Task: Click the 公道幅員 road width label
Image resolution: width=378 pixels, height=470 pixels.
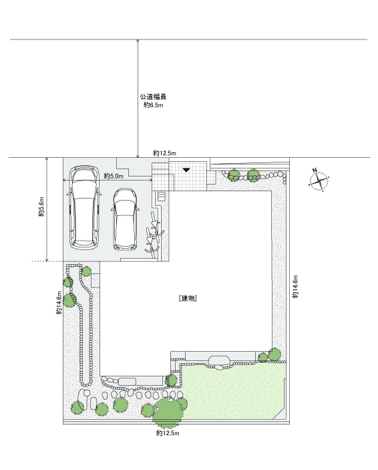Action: coord(153,96)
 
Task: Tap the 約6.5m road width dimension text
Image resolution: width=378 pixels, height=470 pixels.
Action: coord(154,105)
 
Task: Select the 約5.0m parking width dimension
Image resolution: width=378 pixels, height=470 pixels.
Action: coord(114,176)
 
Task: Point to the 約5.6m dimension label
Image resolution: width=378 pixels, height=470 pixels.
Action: coord(41,207)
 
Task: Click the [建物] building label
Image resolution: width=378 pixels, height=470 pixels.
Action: coord(188,298)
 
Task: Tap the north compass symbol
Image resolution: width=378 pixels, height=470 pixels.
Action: coord(319,180)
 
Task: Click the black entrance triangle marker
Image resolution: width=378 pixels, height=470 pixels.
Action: coord(186,170)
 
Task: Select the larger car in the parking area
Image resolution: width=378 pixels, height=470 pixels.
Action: coord(84,207)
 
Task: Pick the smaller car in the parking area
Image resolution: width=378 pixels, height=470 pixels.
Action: coord(125,219)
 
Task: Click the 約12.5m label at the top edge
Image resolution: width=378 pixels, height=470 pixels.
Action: coord(164,153)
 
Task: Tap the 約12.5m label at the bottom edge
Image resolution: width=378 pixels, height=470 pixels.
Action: coord(168,433)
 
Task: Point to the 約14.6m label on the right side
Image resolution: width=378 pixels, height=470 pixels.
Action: coord(296,286)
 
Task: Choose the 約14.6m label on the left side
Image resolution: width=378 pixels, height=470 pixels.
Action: coord(59,302)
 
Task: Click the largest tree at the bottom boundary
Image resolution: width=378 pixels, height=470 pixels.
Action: coord(168,412)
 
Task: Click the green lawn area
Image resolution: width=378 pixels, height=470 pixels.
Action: coord(232,392)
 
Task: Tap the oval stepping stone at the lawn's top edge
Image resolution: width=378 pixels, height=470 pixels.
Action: coord(219,360)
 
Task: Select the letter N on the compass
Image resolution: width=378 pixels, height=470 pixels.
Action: coord(315,170)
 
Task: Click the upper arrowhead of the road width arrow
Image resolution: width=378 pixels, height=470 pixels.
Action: coord(138,41)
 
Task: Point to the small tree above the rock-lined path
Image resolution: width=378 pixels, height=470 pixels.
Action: coord(86,271)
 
